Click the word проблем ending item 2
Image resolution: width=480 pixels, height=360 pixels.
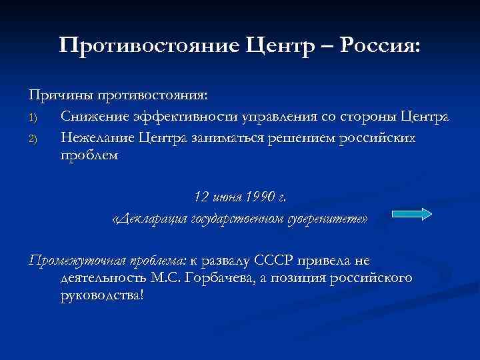click(x=89, y=155)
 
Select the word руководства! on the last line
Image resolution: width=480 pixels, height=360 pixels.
click(x=101, y=295)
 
